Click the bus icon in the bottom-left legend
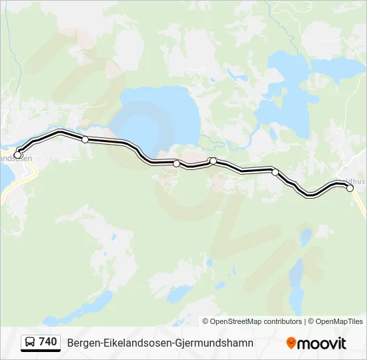[x=30, y=343]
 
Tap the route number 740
[x=48, y=342]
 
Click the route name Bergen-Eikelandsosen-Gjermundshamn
[x=160, y=343]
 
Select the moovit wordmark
[x=322, y=343]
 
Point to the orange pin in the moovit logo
[x=291, y=343]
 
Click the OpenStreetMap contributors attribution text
[x=256, y=321]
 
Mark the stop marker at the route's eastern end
[x=350, y=188]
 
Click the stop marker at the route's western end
[x=18, y=155]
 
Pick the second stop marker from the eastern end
[x=275, y=172]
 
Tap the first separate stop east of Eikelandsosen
[x=85, y=139]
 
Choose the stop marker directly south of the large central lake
[x=176, y=163]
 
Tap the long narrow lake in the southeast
[x=295, y=273]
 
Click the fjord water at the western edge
[x=4, y=175]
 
